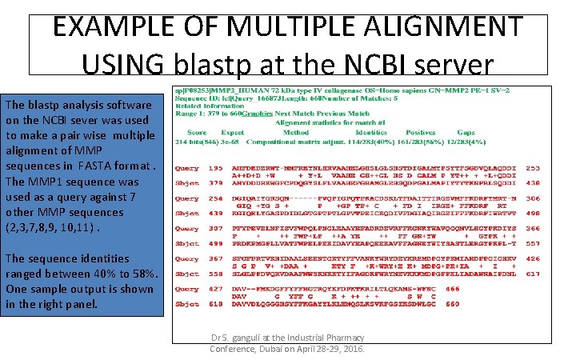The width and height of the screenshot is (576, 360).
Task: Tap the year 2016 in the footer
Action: [350, 350]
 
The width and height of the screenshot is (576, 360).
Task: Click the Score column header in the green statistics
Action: [197, 132]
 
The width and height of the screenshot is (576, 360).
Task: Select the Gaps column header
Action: [466, 132]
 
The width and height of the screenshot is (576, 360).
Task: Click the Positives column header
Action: [420, 132]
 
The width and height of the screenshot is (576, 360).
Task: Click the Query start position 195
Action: [216, 169]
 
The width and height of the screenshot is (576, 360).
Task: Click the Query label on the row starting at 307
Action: [187, 229]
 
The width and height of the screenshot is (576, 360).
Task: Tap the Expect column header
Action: [233, 132]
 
